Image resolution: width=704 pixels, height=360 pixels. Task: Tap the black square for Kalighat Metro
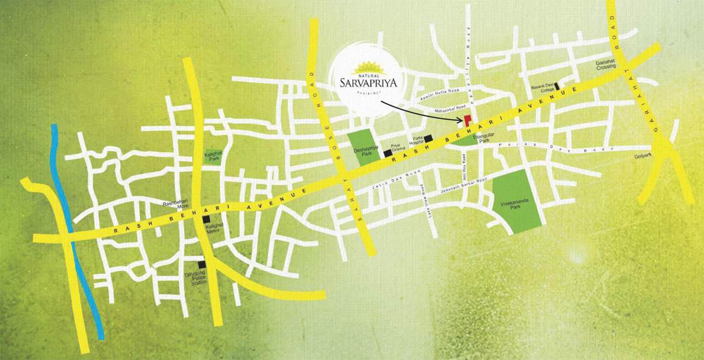(x=206, y=219)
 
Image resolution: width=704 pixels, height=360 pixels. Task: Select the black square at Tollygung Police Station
(x=204, y=265)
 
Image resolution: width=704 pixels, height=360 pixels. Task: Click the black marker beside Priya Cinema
(x=388, y=153)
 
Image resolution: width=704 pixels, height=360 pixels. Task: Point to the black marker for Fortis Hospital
(x=428, y=137)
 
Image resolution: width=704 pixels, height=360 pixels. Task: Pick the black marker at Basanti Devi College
(x=558, y=86)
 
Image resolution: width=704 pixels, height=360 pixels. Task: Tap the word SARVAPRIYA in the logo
(x=369, y=83)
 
